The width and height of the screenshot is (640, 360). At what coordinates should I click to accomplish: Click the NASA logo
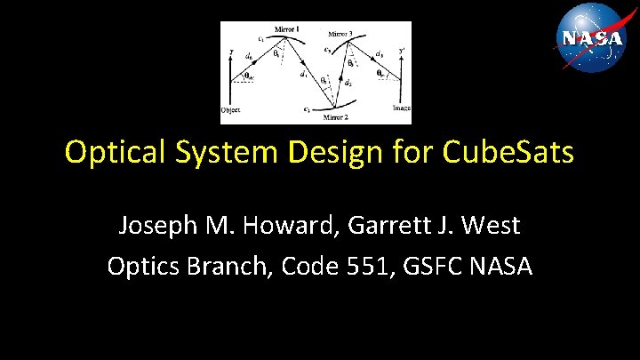[x=591, y=38]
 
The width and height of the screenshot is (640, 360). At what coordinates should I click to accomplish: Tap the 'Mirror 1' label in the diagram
[x=285, y=28]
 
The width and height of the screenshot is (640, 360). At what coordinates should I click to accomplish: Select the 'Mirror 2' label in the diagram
[x=335, y=116]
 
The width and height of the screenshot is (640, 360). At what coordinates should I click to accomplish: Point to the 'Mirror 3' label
[x=340, y=34]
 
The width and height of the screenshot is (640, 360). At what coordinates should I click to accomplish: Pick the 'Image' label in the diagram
[x=401, y=108]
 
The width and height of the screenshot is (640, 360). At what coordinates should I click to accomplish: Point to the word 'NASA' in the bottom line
[x=502, y=266]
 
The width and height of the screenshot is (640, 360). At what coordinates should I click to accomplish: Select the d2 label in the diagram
[x=348, y=84]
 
